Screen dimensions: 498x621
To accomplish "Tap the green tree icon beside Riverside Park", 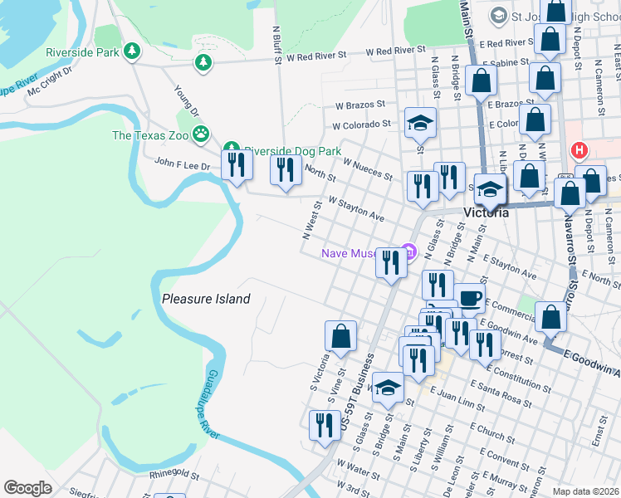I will point(131,51).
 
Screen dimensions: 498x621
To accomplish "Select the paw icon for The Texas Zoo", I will point(200,133).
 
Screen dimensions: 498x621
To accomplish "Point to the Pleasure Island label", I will point(206,299).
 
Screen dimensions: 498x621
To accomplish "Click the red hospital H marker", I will point(579,151).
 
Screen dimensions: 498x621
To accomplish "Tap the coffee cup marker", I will point(469,297).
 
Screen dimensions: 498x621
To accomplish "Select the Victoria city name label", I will point(486,212).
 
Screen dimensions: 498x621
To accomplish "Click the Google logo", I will point(27,488).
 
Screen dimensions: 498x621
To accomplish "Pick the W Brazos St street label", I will point(361,105).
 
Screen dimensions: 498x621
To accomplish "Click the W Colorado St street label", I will point(361,125).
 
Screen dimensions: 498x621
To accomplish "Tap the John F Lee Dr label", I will point(183,166).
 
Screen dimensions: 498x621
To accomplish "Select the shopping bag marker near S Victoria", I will point(340,336).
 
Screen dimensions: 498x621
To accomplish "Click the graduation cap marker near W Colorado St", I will point(421,123).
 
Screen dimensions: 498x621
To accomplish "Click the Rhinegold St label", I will point(174,475).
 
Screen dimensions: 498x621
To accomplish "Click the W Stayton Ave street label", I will point(356,209).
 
